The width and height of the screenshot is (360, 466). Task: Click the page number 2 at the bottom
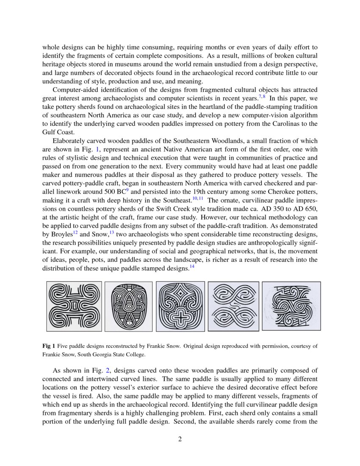[180, 439]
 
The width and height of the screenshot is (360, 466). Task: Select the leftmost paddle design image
[74, 306]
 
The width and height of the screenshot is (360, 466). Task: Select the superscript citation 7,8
[262, 97]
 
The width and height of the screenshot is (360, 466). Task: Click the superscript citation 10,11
[198, 198]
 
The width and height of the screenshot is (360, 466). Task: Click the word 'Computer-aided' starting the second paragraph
[75, 91]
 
